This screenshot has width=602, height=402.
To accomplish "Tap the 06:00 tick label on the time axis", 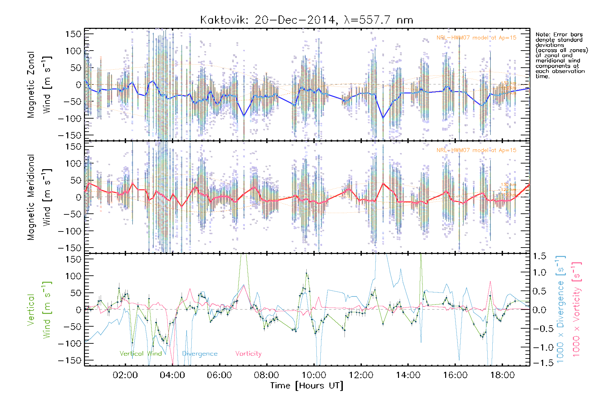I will click(x=219, y=375).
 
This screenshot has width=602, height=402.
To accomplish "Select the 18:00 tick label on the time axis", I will click(x=502, y=375).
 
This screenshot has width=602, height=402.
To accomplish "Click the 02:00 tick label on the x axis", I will click(x=125, y=375).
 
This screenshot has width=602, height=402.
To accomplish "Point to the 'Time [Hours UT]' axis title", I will click(x=307, y=386).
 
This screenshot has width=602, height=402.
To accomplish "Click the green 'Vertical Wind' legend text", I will click(x=140, y=354).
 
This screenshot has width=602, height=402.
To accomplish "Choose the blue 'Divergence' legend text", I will click(x=200, y=354).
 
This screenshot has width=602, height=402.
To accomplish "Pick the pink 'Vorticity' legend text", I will click(x=248, y=354).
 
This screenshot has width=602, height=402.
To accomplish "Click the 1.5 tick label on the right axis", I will click(x=539, y=256).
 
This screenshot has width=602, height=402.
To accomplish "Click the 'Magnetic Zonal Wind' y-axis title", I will click(x=39, y=84).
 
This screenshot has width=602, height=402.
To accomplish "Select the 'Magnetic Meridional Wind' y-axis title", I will click(x=39, y=197).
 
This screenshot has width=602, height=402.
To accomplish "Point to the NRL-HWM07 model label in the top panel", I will click(x=476, y=38).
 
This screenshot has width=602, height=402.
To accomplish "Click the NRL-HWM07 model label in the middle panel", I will click(x=476, y=150).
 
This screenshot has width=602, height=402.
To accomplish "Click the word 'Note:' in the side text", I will click(x=543, y=35).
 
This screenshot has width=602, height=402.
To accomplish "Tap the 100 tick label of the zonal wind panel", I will click(x=73, y=51).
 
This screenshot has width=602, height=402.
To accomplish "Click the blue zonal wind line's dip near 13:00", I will click(x=383, y=118).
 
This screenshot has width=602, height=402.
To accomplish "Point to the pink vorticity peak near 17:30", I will click(x=491, y=282).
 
